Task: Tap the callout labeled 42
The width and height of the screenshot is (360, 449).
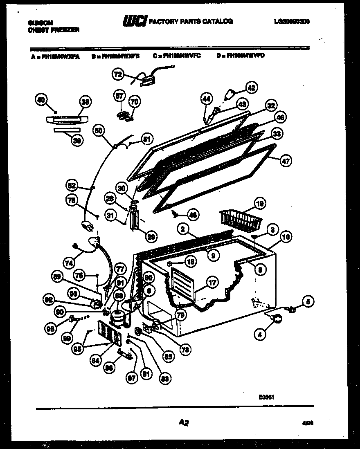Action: coord(251,87)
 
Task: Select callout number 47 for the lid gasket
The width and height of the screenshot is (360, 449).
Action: coord(286,161)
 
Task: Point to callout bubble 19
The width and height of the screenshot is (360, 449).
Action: coord(260,203)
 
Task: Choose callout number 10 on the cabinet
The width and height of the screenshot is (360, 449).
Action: coord(286,236)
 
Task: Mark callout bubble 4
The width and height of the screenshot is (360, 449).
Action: coord(259,334)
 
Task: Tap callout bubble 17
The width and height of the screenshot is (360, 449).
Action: coord(211,282)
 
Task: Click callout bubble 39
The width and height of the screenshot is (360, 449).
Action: coord(76,141)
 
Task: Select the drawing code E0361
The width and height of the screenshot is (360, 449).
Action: coord(266,396)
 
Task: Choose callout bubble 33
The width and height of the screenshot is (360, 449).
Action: coord(277,133)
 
